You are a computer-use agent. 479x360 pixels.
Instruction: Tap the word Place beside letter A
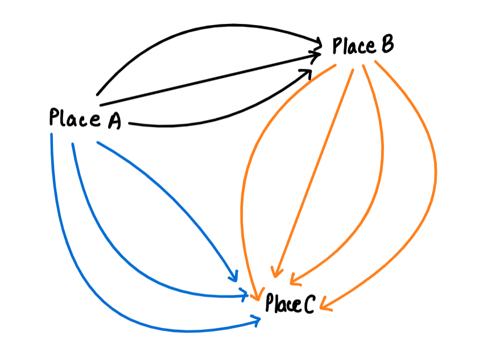tap(74, 119)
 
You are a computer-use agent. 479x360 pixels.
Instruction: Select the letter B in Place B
tap(385, 45)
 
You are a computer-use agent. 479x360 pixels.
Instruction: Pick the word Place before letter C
tap(282, 304)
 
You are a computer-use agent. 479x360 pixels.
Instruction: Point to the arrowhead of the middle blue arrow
tap(246, 295)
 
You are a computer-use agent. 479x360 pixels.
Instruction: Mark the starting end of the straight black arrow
tap(100, 105)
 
